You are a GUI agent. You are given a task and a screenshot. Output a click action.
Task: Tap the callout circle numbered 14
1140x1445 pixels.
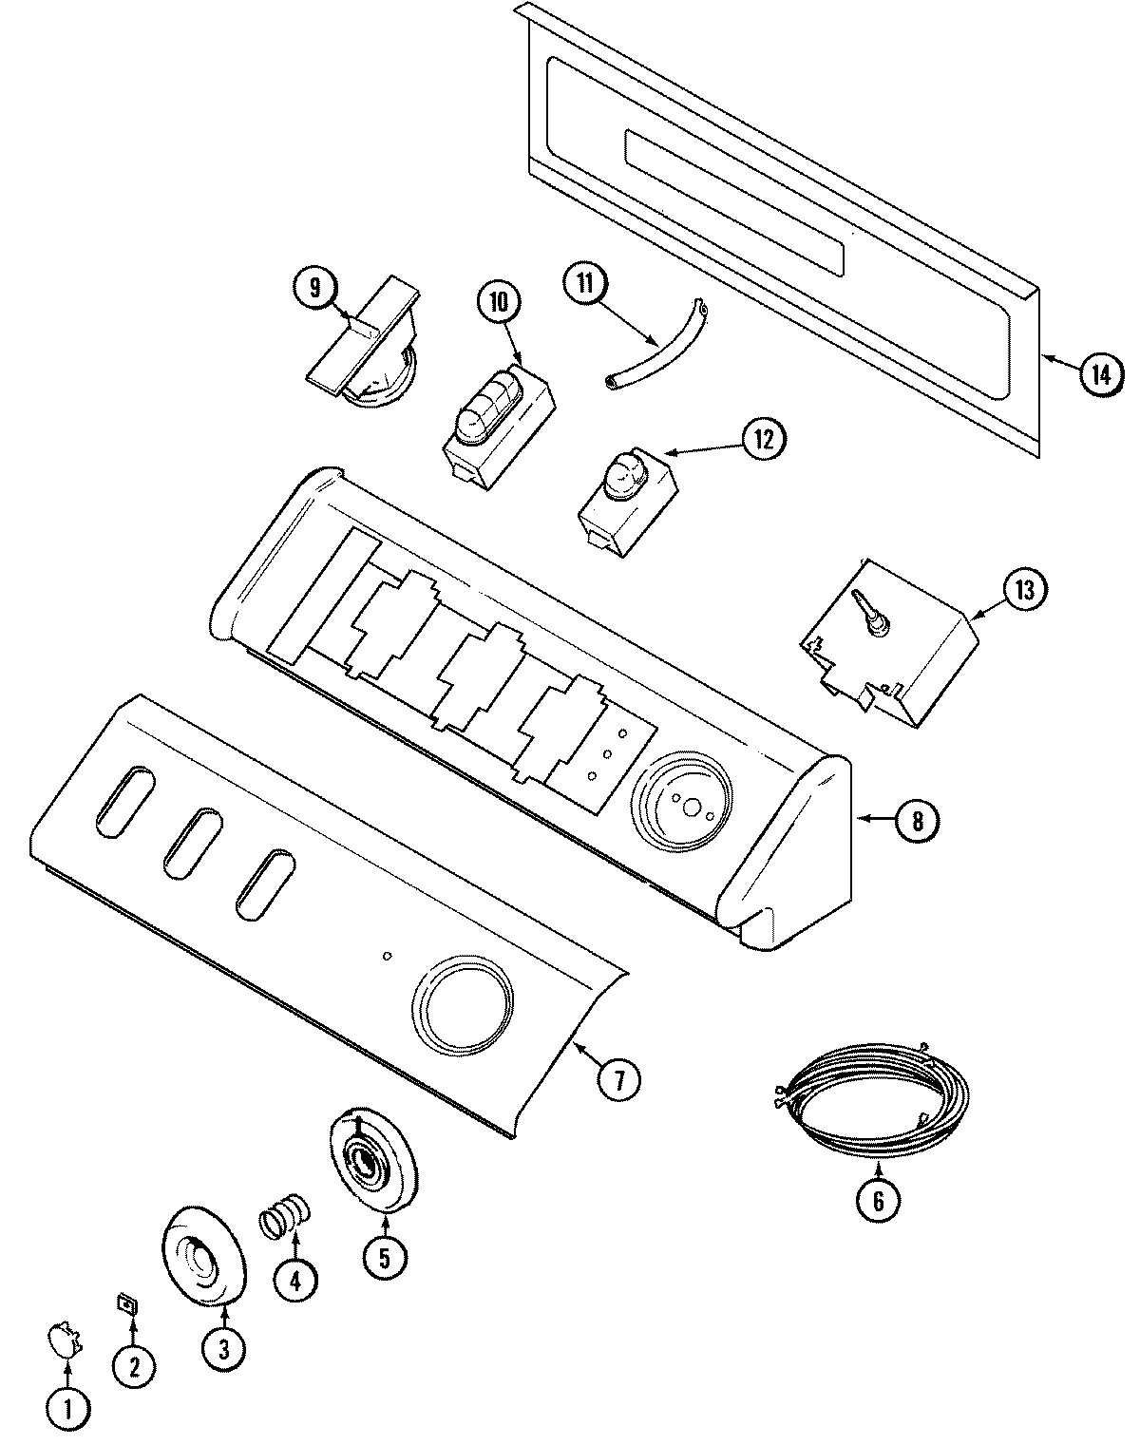[1099, 373]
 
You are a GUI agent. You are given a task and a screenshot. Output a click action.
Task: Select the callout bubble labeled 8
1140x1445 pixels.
[917, 820]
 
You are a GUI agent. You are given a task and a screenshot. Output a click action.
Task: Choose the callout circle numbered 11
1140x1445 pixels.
[584, 285]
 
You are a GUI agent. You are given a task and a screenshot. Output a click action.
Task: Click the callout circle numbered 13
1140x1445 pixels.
[1023, 590]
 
